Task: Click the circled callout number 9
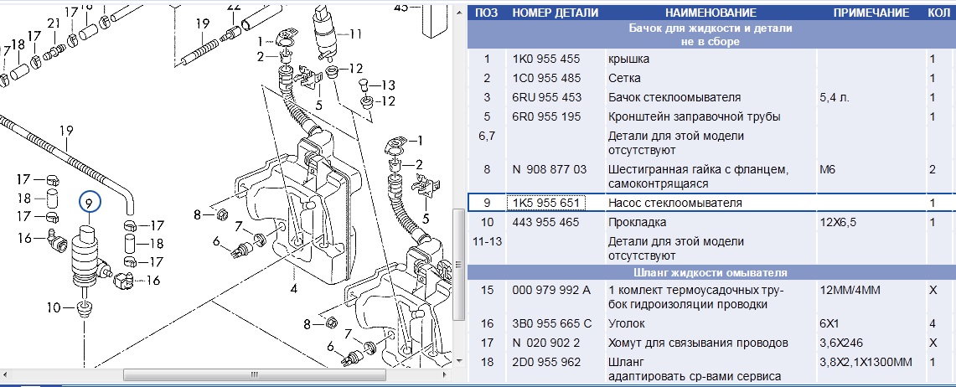(x=90, y=202)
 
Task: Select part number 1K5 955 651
(x=546, y=203)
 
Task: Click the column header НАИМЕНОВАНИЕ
(x=711, y=13)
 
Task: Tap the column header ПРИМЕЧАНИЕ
(x=871, y=13)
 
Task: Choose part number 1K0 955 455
(x=546, y=59)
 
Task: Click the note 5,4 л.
(x=835, y=97)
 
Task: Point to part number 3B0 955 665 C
(x=552, y=323)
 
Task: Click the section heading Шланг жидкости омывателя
(x=711, y=272)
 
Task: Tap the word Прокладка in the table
(x=637, y=223)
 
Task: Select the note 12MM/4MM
(x=850, y=290)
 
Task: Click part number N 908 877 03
(x=550, y=169)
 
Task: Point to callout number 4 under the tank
(x=294, y=289)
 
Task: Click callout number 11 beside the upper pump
(x=356, y=34)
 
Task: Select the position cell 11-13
(x=487, y=241)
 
